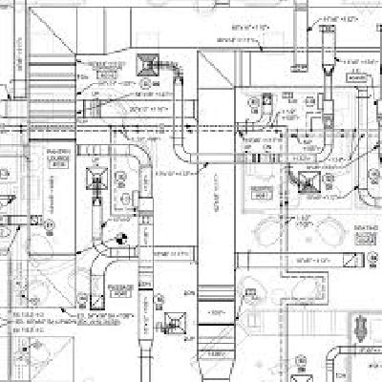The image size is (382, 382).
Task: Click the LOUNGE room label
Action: pyautogui.click(x=58, y=158)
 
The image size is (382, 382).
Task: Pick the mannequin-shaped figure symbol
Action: pyautogui.click(x=359, y=329)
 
